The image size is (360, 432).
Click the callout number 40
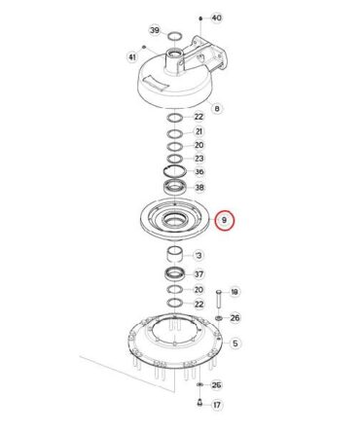coord(216,18)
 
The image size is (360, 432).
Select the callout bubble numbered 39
coord(155,30)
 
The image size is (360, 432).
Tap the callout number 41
coord(132,57)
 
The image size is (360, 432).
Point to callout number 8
coord(217,108)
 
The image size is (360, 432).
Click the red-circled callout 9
coord(225,220)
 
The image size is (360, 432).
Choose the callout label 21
coord(198,131)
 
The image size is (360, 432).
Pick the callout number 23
coord(198,159)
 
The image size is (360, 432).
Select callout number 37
coord(198,274)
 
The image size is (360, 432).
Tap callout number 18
coord(234,292)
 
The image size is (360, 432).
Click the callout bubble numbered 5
coord(235,343)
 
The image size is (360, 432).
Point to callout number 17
coord(217,405)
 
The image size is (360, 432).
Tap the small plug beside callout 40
coord(200,18)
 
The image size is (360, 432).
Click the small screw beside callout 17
coord(199,403)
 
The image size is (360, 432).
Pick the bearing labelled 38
coord(175,187)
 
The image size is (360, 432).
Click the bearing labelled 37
coord(175,274)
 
